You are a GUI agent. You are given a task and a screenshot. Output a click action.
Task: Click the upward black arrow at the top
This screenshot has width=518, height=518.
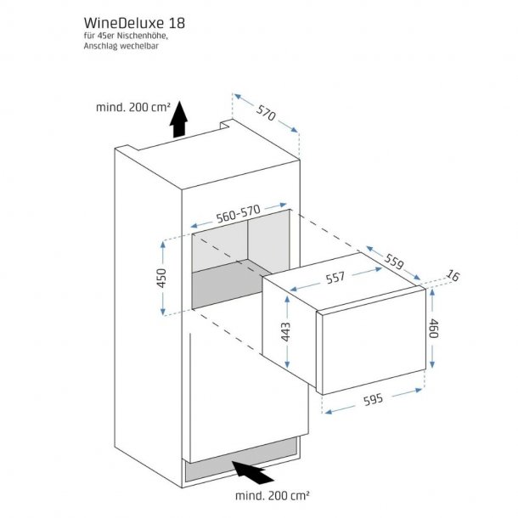(177, 122)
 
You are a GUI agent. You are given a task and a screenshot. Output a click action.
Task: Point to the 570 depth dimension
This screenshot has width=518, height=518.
(266, 115)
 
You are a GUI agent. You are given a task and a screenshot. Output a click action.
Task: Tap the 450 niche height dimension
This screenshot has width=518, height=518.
(162, 277)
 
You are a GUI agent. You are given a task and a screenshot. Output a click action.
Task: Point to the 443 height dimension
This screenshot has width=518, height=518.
(286, 331)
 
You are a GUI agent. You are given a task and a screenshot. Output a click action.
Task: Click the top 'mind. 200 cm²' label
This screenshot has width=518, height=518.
(132, 108)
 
